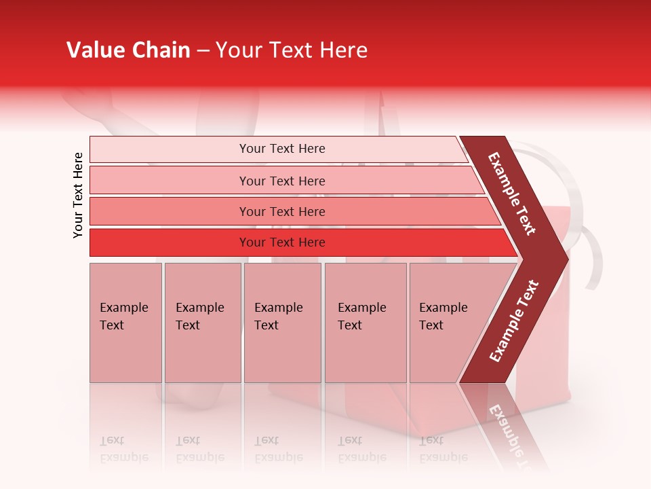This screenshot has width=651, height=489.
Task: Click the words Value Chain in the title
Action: click(128, 50)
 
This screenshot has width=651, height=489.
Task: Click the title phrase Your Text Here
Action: click(292, 50)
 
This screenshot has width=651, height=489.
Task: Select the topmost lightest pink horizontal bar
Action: click(170, 149)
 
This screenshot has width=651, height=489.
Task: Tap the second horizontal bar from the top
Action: click(170, 181)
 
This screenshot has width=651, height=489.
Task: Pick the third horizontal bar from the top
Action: click(170, 211)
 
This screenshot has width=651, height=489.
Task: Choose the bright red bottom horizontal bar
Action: click(170, 242)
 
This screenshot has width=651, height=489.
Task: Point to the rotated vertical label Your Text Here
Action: click(78, 195)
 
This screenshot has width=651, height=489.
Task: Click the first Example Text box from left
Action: click(125, 323)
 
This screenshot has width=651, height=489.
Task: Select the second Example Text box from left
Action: click(202, 323)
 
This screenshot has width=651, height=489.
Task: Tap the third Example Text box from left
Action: click(282, 323)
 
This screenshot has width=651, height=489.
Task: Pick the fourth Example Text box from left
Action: click(365, 323)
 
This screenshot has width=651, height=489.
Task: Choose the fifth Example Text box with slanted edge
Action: click(448, 323)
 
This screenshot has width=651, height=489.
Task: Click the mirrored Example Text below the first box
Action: click(124, 449)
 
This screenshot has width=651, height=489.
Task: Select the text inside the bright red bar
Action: click(282, 242)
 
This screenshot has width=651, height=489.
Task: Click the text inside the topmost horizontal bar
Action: click(282, 149)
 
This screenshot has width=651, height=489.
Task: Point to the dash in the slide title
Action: click(203, 50)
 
